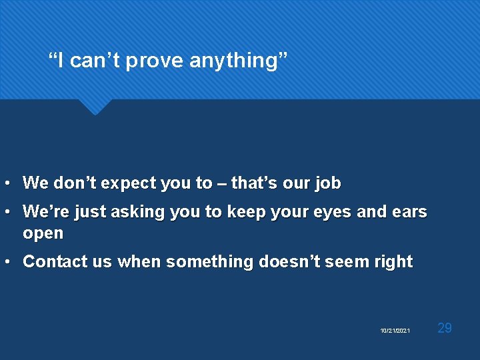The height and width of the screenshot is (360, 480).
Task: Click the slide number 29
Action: click(x=445, y=327)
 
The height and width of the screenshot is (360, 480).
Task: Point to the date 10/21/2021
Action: click(x=395, y=331)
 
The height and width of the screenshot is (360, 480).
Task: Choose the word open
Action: click(x=43, y=234)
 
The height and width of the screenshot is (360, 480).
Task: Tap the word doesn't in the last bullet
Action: click(x=290, y=262)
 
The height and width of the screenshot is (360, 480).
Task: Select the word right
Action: click(x=393, y=262)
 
